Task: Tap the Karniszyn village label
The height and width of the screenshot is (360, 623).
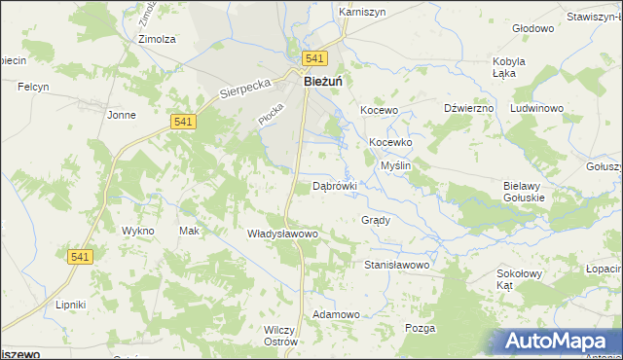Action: click(363, 12)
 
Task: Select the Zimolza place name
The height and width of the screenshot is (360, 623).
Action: click(157, 39)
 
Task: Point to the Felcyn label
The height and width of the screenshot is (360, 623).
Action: click(33, 88)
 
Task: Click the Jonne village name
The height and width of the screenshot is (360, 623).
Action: click(122, 115)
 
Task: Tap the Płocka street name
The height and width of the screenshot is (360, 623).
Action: click(269, 114)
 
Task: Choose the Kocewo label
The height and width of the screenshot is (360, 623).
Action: click(380, 111)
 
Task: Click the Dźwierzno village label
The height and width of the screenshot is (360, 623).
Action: click(469, 108)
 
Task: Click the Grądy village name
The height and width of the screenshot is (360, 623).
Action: click(376, 220)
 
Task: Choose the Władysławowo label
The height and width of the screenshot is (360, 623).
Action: click(282, 234)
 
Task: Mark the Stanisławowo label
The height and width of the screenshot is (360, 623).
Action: click(396, 265)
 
